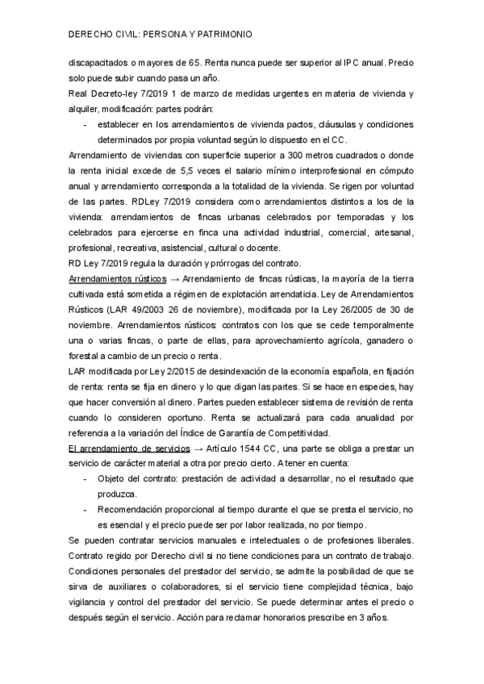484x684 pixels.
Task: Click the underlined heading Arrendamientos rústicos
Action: click(x=115, y=278)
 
